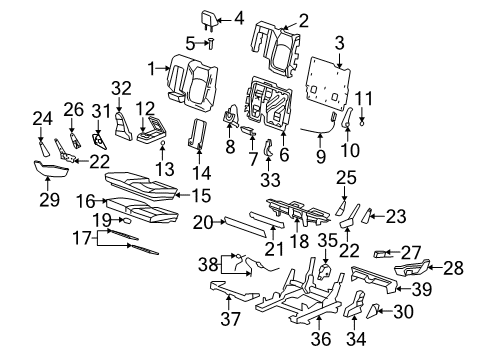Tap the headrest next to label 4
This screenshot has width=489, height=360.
coord(214,18)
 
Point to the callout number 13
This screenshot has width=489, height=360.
coord(162,167)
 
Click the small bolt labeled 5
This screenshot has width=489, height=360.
coord(212,42)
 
